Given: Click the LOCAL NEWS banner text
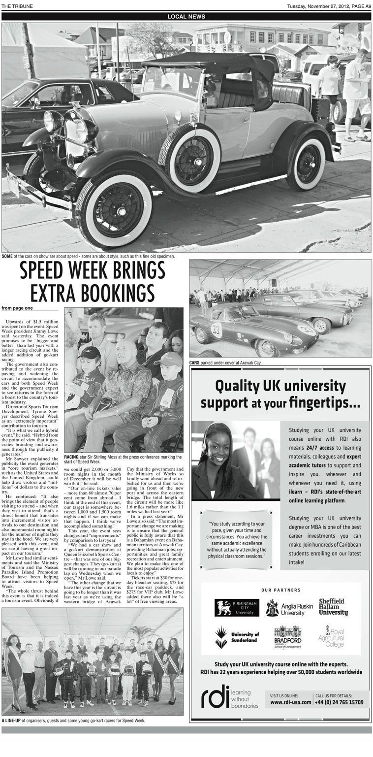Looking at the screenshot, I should point(186,16).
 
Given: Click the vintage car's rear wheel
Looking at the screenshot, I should point(306,164).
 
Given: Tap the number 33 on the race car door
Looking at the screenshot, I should point(216,329).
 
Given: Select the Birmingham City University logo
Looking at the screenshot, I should point(237,607).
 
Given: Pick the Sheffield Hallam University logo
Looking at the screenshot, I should point(333,607).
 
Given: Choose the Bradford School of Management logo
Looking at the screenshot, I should point(287,637).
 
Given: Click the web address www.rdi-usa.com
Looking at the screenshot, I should point(291,702).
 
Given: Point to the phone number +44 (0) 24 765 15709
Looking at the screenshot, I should point(339,702).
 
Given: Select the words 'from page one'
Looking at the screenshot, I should point(17,308).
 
